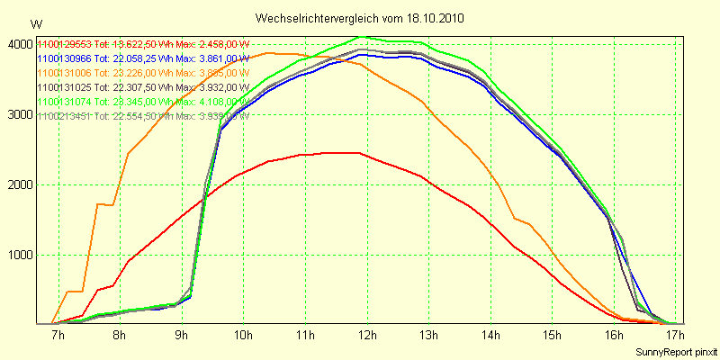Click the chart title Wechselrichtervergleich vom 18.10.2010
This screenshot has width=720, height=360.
pos(360,18)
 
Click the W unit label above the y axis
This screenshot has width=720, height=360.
pos(35,24)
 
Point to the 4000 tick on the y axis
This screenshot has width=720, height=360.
pos(19,44)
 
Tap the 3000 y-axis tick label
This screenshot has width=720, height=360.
pos(19,114)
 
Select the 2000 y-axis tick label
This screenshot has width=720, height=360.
pos(19,184)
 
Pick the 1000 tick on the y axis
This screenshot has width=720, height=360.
pos(19,255)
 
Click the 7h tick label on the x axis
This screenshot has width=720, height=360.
pos(58,336)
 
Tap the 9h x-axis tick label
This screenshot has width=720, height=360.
pos(181,336)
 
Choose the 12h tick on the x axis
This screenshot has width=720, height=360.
pos(366,336)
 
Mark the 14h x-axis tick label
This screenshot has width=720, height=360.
pos(490,336)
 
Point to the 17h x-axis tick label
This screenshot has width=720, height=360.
pos(676,336)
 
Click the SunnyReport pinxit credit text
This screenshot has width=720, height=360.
pos(676,350)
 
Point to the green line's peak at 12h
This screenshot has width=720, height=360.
pos(362,37)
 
